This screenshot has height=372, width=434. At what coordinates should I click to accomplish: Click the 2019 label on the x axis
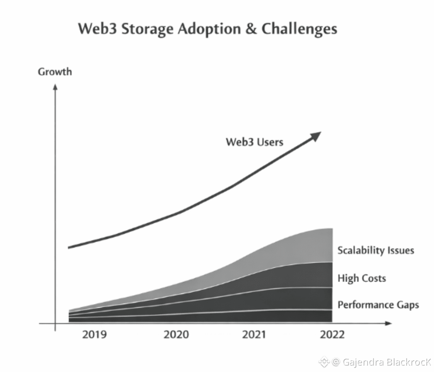coord(95,335)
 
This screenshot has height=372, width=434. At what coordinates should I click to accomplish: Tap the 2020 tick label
coord(176,335)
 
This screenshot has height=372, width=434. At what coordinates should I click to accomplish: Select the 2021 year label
coord(254,335)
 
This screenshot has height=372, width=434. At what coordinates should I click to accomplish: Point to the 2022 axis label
coord(332,335)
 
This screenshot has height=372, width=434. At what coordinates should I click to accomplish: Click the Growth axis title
coord(55,72)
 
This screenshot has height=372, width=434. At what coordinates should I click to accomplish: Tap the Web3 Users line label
coord(254,142)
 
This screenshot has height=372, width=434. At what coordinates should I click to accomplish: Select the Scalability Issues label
coord(375,251)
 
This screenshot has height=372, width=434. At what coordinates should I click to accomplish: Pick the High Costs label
coord(361,278)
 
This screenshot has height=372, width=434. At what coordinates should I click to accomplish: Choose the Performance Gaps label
coord(378,305)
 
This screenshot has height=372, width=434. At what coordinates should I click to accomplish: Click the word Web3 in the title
coord(96,29)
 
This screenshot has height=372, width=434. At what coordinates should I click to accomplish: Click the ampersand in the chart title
coord(251,29)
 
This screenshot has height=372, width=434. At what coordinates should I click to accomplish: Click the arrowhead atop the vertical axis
coord(55,86)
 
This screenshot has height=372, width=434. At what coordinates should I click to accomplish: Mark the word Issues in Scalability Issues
coord(400,251)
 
